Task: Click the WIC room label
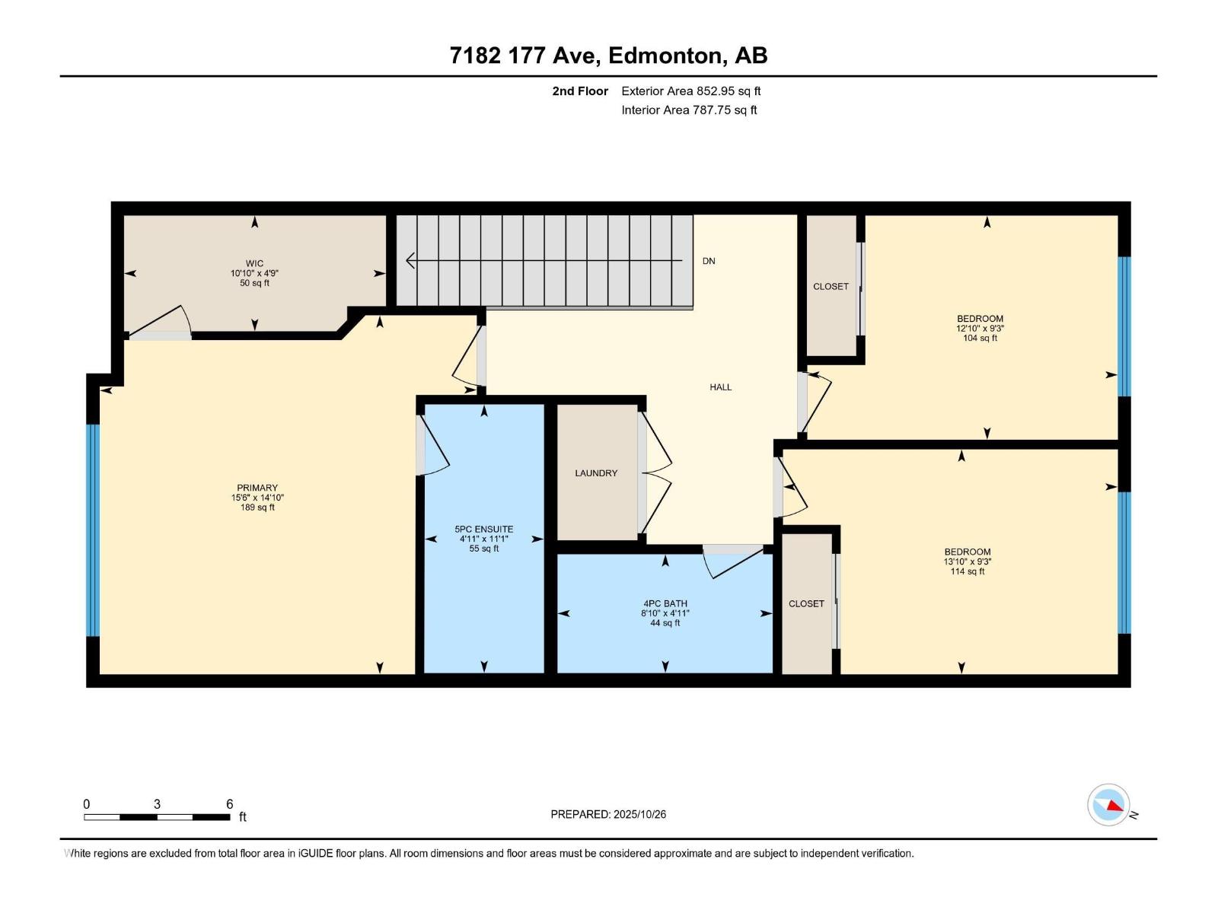[254, 264]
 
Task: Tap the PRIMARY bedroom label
[257, 488]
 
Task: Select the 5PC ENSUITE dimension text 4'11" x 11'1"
[483, 539]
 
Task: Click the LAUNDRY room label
[596, 473]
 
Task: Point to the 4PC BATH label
[665, 603]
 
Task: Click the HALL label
[720, 387]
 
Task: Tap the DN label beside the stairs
[709, 261]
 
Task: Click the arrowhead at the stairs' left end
[410, 261]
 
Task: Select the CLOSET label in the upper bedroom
[831, 287]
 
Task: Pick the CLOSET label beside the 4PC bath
[806, 603]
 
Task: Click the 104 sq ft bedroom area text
[980, 338]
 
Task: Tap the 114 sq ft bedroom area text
[967, 571]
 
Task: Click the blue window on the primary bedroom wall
[93, 530]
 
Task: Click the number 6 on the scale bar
[229, 804]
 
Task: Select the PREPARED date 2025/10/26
[639, 814]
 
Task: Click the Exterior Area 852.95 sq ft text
[690, 91]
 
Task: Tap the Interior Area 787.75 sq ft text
[689, 110]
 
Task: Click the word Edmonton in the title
[665, 56]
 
